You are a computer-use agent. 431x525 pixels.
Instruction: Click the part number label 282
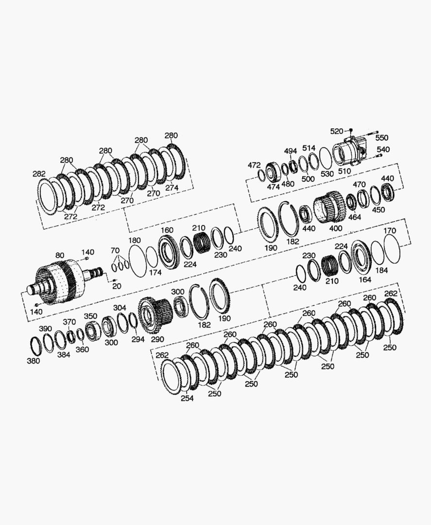click(x=39, y=174)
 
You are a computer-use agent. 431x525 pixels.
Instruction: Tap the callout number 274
click(x=172, y=188)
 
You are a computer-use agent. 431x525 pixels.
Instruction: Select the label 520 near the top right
click(x=337, y=131)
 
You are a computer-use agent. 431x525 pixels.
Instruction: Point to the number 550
click(x=381, y=138)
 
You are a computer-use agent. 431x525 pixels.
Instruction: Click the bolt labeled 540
click(x=379, y=156)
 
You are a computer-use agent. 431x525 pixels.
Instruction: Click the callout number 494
click(x=291, y=151)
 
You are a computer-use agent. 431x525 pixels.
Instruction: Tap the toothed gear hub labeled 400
click(x=329, y=207)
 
